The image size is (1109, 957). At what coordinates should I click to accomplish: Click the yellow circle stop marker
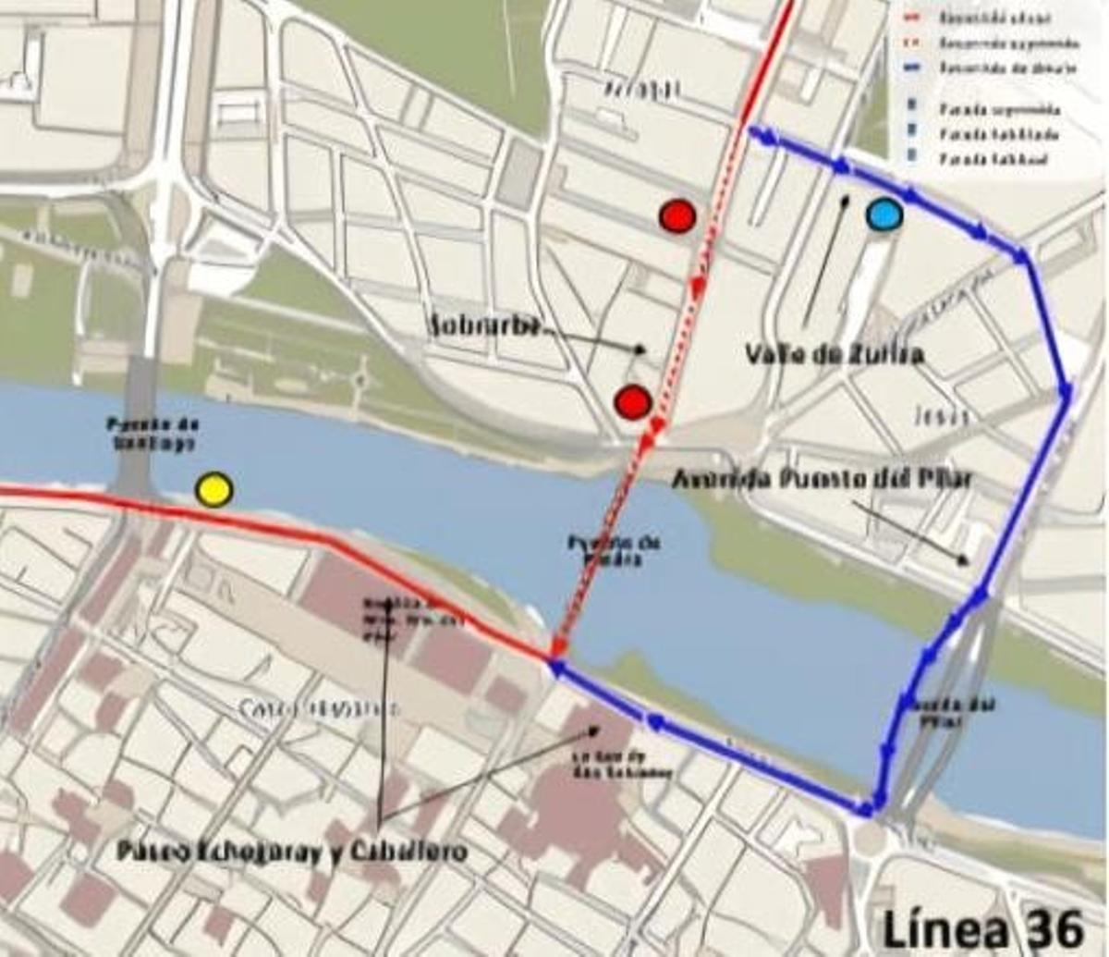point(214,489)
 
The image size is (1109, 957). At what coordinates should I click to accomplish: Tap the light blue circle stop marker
point(884,215)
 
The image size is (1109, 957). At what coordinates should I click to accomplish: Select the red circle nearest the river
point(633,401)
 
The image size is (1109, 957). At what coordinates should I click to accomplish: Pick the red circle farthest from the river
point(677,215)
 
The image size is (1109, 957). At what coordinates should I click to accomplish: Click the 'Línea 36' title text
point(981,927)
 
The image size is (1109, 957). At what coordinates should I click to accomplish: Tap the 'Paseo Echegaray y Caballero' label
point(291,852)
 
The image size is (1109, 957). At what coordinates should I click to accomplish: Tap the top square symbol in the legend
point(912,108)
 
